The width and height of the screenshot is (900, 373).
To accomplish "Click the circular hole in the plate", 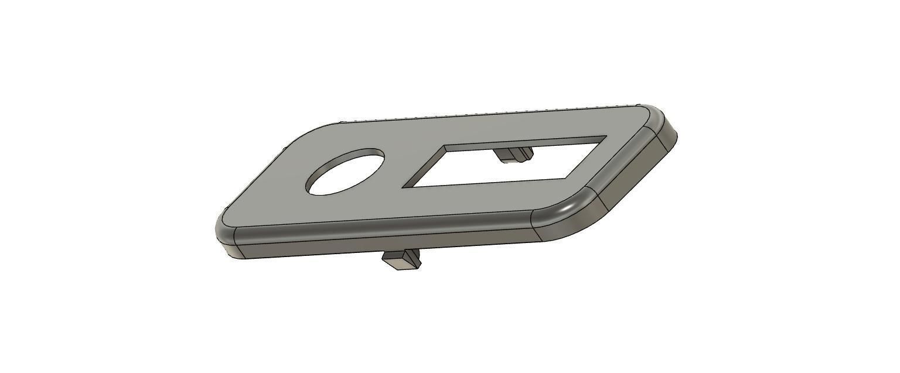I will point(345,174).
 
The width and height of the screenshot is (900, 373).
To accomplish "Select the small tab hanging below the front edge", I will point(401,259).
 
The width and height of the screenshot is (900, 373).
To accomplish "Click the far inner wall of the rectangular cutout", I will point(527,143).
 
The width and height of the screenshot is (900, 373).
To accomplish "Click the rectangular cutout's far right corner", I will point(605,138).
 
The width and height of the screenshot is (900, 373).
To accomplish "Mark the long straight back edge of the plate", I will point(486,115).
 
